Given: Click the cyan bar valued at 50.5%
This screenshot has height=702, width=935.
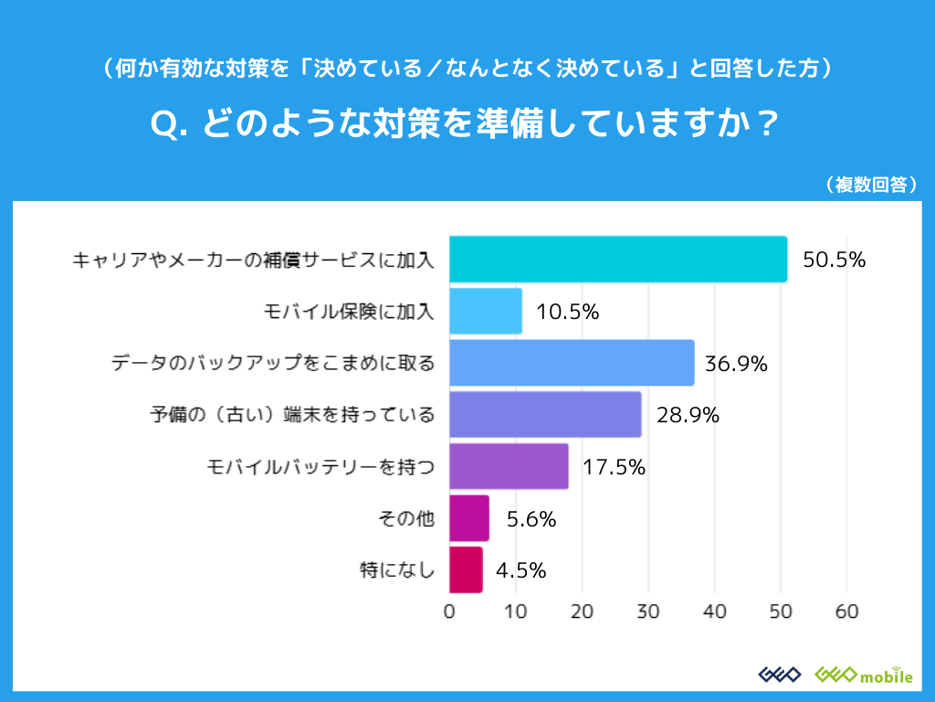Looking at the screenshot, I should [618, 260].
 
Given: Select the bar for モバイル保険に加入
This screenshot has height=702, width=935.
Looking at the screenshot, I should [486, 312].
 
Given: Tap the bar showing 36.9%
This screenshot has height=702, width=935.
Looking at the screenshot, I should [572, 363].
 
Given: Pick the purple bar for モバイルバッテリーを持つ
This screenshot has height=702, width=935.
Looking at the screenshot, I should [509, 467].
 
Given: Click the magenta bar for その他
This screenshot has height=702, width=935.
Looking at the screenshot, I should [469, 519].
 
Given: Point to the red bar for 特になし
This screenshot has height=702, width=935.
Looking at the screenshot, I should [466, 570].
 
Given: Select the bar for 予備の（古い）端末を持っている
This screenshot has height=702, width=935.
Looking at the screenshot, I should [545, 415].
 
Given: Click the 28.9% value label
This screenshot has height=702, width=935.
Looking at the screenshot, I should [688, 416].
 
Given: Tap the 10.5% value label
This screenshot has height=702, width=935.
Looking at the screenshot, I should [568, 312].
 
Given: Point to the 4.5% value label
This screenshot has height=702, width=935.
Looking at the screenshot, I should [521, 571].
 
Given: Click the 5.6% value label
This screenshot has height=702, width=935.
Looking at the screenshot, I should [531, 519].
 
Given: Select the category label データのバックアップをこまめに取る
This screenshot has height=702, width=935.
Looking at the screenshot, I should [273, 364].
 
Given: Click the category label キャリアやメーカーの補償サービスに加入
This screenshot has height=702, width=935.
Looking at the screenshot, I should [254, 261].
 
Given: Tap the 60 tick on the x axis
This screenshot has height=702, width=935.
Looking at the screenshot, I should [846, 612].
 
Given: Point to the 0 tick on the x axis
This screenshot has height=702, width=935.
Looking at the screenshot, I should [449, 612].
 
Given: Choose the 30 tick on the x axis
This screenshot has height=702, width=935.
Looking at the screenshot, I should [648, 612].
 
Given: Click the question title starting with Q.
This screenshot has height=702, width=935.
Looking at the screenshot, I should [467, 124].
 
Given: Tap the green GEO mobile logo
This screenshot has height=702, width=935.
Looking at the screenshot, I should [863, 675].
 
